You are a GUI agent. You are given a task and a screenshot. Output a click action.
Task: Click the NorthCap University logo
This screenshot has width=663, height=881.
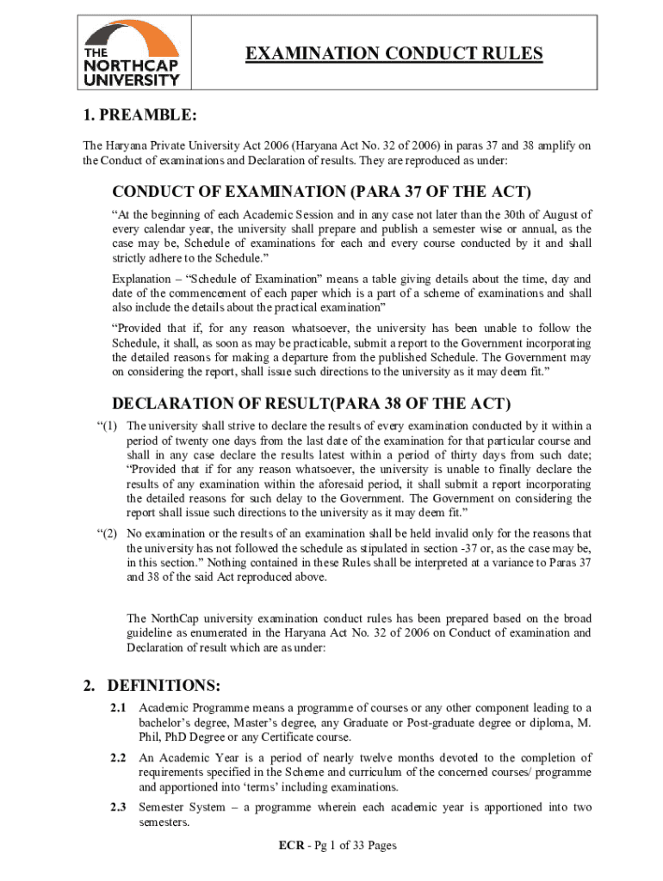coord(131,53)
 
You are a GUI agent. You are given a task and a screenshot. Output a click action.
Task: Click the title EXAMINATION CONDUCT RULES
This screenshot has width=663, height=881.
coord(394,54)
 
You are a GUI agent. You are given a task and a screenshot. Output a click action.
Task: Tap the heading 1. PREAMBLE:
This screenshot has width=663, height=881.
coord(140,115)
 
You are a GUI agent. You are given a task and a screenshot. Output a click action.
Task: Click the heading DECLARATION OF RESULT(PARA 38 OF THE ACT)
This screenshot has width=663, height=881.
coord(312,404)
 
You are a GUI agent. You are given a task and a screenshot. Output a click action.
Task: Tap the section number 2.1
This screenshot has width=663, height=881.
coord(119,707)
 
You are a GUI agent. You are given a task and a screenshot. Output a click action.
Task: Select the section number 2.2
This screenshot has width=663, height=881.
coord(119,758)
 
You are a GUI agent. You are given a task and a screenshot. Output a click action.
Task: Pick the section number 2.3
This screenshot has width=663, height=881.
coord(119,808)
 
